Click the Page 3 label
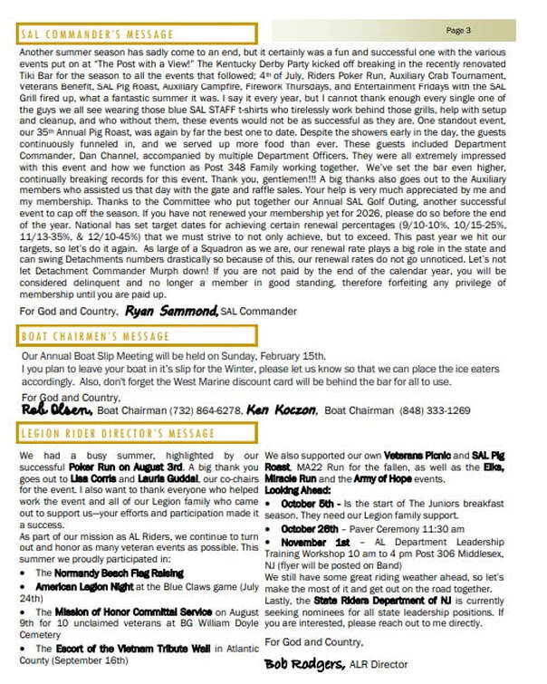click(x=457, y=31)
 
